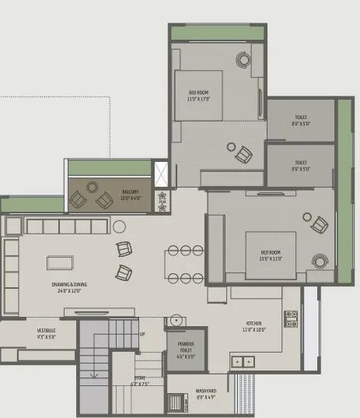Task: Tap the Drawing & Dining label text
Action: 69,285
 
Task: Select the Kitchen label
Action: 253,323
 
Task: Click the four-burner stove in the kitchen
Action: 291,318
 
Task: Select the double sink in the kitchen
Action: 243,361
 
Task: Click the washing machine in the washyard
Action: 178,403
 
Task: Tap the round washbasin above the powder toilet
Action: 177,320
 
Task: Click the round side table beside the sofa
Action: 119,227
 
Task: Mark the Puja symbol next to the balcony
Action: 163,201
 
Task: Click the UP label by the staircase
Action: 142,334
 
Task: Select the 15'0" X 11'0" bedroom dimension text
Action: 271,258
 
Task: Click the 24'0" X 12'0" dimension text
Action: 69,291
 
